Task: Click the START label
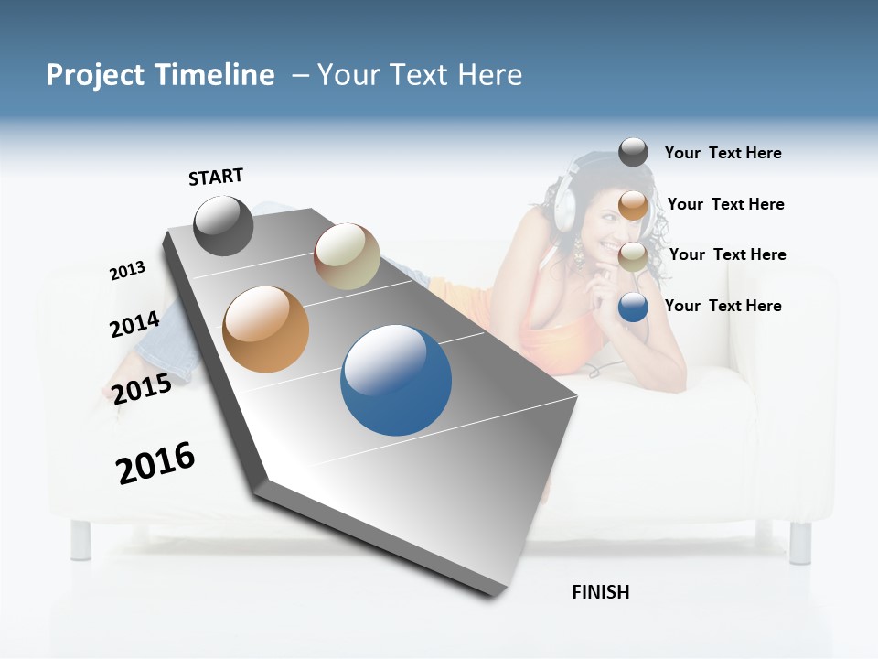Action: [x=216, y=177]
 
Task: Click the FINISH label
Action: [x=600, y=592]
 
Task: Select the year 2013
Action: [x=127, y=271]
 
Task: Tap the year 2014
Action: [x=134, y=324]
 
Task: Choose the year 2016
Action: [x=155, y=462]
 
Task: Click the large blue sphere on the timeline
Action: [x=396, y=380]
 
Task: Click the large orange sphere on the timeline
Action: [x=266, y=329]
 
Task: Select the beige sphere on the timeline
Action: [x=347, y=256]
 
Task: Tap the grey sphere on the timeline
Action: [x=223, y=225]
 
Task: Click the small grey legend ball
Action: [x=633, y=152]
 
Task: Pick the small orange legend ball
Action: [x=633, y=205]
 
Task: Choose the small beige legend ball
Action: [x=633, y=256]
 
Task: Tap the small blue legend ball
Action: [x=633, y=308]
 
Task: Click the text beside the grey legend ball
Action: [x=723, y=153]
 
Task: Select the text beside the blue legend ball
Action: [x=723, y=306]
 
